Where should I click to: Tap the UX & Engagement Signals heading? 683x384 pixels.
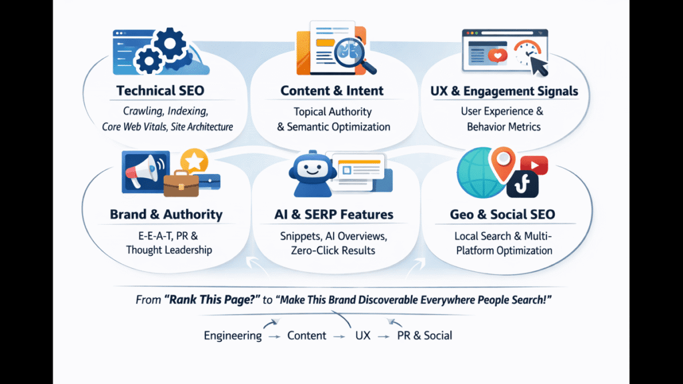tap(504, 91)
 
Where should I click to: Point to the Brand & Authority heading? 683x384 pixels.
tap(166, 215)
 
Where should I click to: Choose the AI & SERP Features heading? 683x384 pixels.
tap(333, 215)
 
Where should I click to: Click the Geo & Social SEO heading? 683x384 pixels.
tap(503, 215)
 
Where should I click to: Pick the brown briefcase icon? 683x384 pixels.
tap(181, 183)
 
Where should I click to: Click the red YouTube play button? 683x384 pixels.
tap(534, 165)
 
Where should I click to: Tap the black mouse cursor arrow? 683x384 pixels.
tap(538, 65)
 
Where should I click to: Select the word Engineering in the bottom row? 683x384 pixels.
tap(233, 335)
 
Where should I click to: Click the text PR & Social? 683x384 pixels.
tap(424, 335)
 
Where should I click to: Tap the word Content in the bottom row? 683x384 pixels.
tap(307, 335)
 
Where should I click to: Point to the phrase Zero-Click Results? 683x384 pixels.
tap(333, 251)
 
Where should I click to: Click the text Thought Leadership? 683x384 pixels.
tap(169, 250)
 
